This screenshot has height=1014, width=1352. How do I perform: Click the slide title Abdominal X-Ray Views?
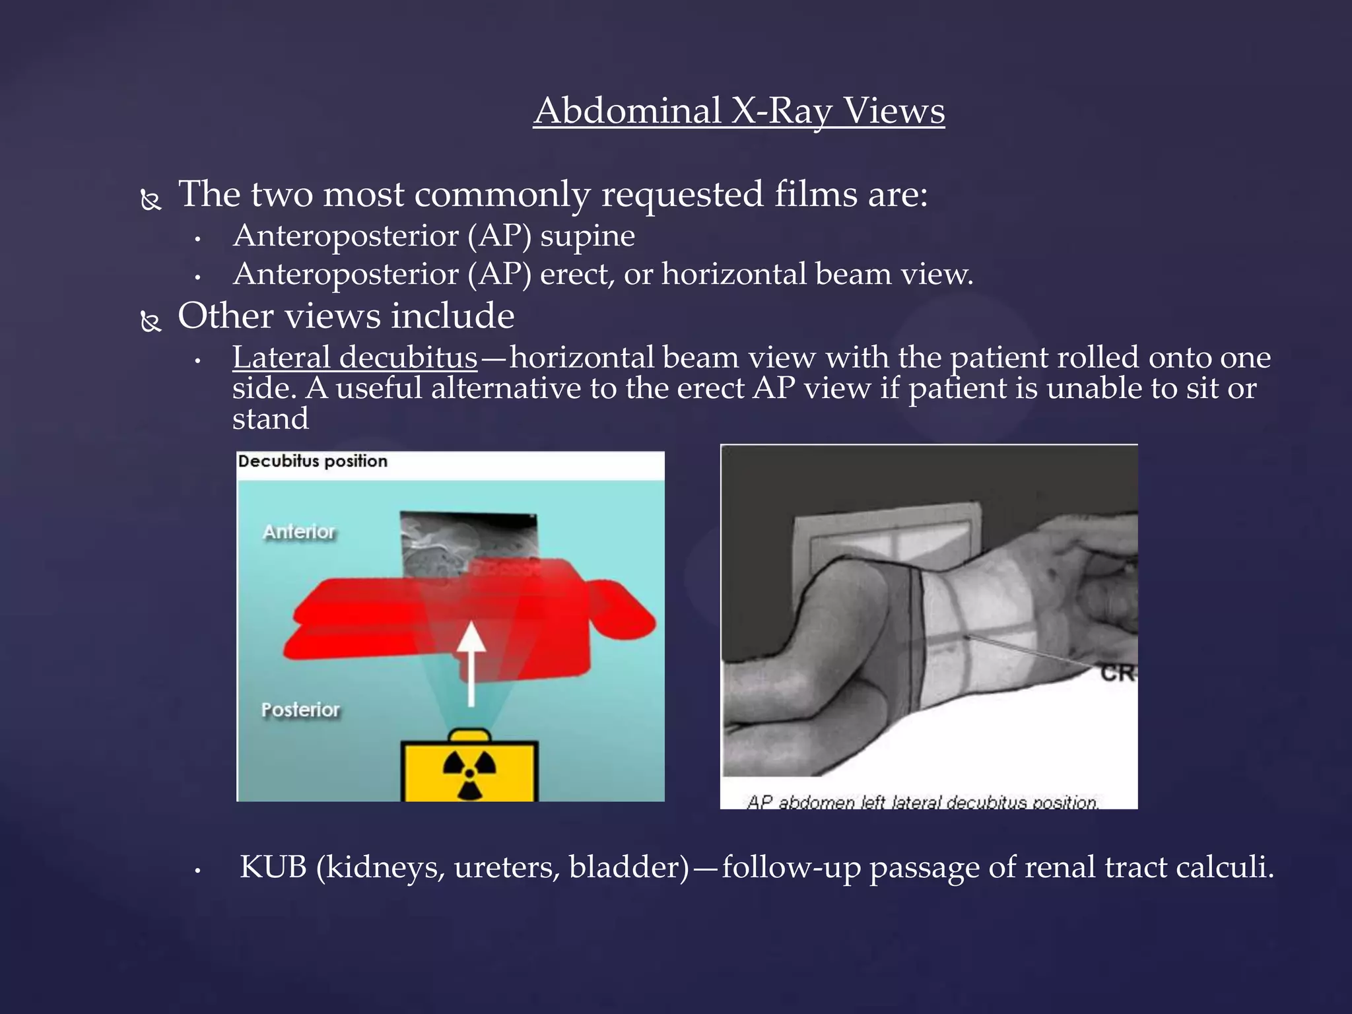(x=739, y=110)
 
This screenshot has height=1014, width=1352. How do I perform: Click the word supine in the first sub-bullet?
(x=588, y=236)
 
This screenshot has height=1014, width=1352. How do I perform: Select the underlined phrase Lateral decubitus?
(x=355, y=357)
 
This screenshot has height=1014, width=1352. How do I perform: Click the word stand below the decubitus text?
(x=270, y=419)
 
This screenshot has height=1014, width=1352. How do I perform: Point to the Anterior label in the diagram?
(x=299, y=531)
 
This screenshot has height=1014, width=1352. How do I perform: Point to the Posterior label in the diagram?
(x=300, y=710)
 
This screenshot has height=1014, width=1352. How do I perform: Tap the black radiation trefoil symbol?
(x=469, y=772)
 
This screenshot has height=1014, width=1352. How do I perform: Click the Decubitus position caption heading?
(x=312, y=461)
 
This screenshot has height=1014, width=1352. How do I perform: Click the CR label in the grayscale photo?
(x=1118, y=673)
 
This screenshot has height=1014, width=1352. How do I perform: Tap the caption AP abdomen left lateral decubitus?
(x=922, y=801)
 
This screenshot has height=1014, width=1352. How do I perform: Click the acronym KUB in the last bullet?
(x=273, y=867)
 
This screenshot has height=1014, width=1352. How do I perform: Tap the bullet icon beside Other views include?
(x=151, y=321)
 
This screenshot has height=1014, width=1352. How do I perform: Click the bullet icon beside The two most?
(x=151, y=199)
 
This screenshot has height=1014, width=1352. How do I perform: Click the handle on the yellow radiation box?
(x=469, y=735)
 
